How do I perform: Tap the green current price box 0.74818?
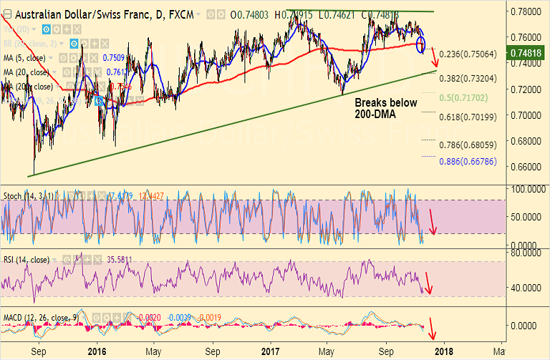[530, 52]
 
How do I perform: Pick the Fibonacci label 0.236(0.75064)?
[467, 54]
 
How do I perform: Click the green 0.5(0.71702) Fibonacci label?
[467, 97]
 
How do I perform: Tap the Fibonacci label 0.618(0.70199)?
[467, 117]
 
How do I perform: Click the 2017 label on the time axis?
[269, 351]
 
